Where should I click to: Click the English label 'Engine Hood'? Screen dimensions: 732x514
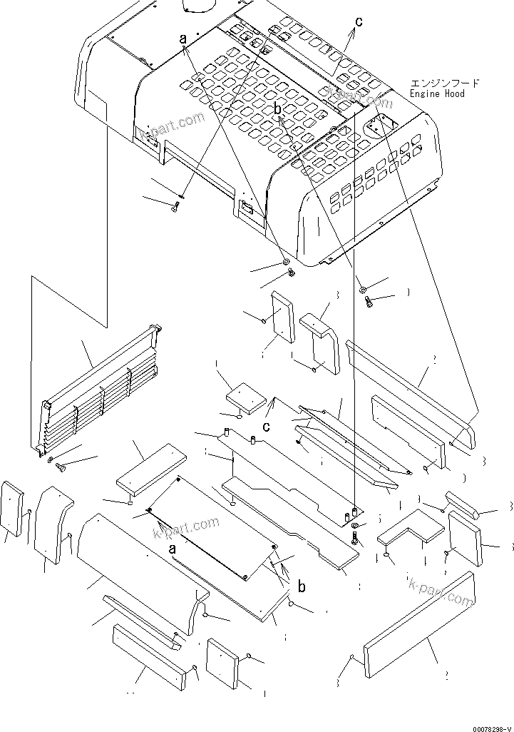click(x=437, y=93)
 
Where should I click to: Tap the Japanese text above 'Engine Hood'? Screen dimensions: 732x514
click(x=445, y=83)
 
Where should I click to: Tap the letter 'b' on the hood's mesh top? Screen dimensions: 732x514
click(x=278, y=108)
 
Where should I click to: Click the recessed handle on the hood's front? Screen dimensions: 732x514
click(x=247, y=208)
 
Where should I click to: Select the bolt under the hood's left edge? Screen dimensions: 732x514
click(x=176, y=207)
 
